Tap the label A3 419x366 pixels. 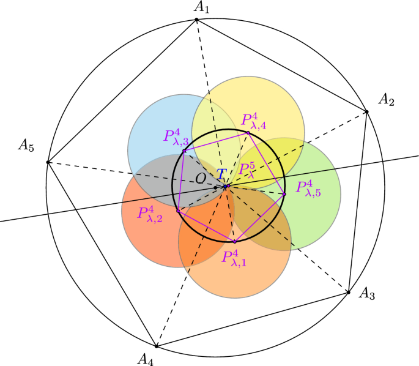366,294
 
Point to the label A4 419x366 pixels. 145,357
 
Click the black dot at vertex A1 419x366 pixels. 196,20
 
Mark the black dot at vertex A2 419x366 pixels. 367,111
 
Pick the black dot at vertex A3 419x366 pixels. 349,293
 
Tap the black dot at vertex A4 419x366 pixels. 157,346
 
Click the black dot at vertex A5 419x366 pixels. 48,162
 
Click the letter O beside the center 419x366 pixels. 201,177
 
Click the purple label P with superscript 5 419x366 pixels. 246,170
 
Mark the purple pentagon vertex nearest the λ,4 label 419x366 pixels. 248,133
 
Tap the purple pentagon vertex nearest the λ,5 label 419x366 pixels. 284,194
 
